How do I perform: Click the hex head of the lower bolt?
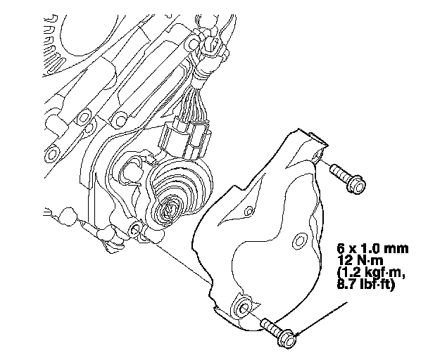pyautogui.click(x=287, y=338)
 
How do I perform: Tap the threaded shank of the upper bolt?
pyautogui.click(x=339, y=172)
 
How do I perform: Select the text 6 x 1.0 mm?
pyautogui.click(x=372, y=248)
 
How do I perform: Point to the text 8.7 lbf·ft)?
pyautogui.click(x=366, y=285)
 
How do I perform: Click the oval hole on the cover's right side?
pyautogui.click(x=300, y=240)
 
